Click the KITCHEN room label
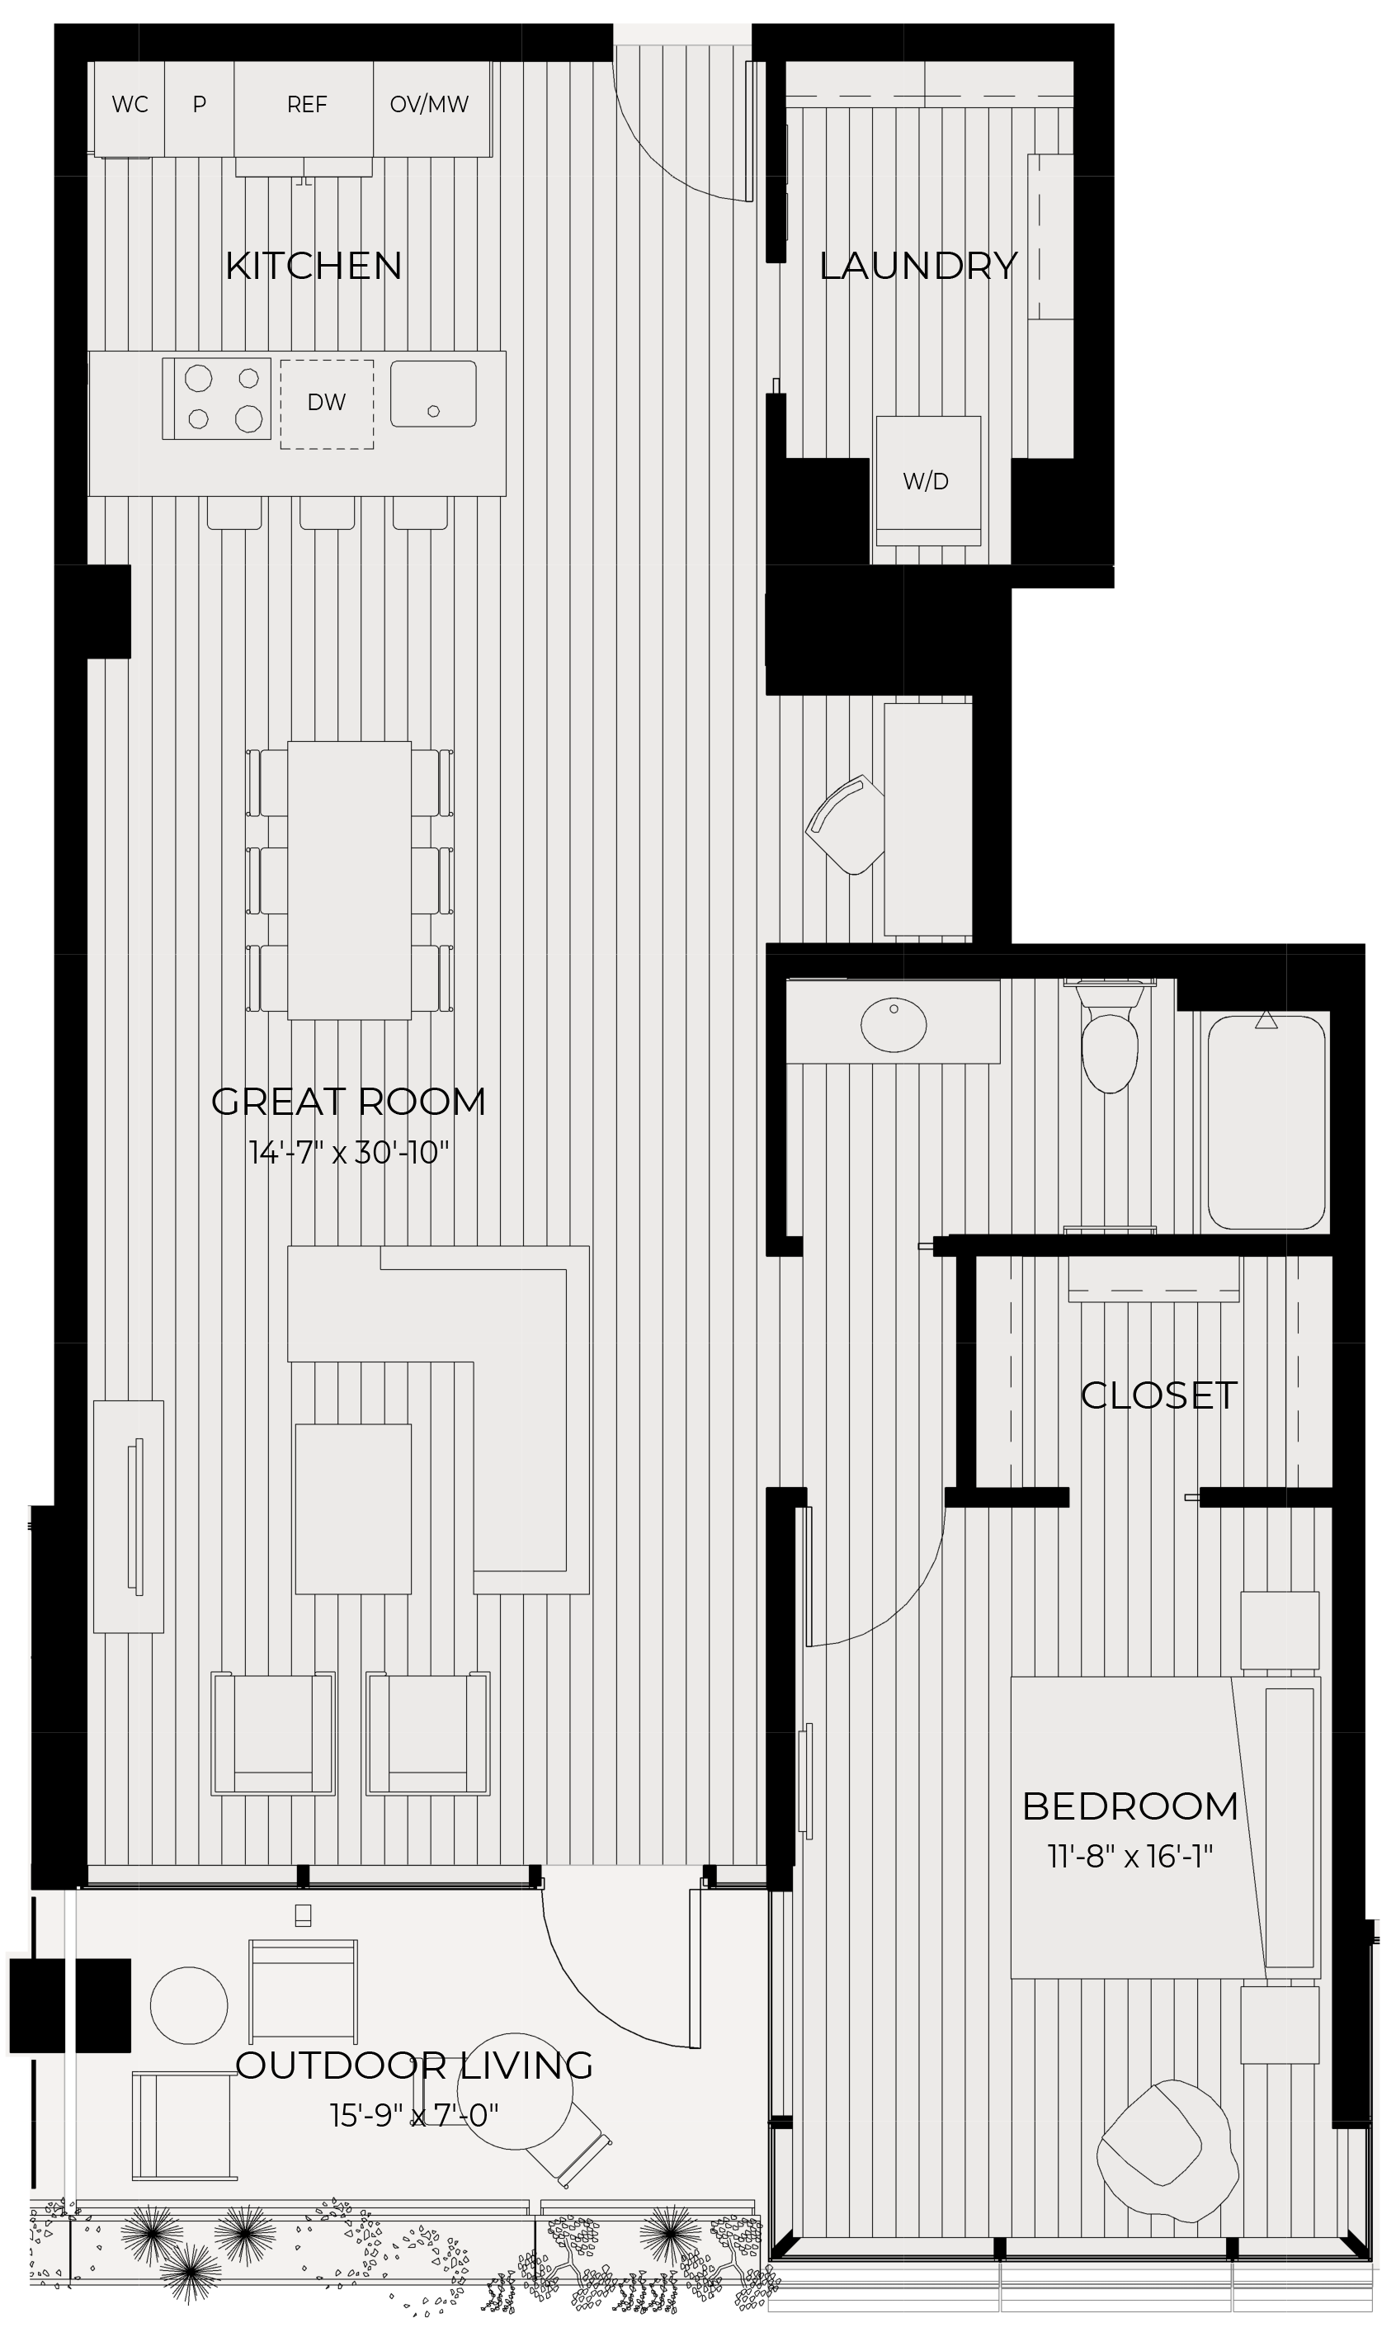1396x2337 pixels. pyautogui.click(x=314, y=267)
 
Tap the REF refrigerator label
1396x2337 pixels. pyautogui.click(x=307, y=105)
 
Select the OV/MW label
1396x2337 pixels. pyautogui.click(x=429, y=105)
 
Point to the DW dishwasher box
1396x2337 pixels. pyautogui.click(x=327, y=404)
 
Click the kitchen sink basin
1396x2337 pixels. pyautogui.click(x=432, y=394)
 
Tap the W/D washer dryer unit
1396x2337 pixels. pyautogui.click(x=927, y=481)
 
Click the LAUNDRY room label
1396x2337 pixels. pyautogui.click(x=918, y=267)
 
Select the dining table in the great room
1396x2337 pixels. pyautogui.click(x=349, y=880)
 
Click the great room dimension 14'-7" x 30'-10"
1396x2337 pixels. pyautogui.click(x=349, y=1153)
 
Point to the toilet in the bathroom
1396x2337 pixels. pyautogui.click(x=1109, y=1045)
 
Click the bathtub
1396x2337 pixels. pyautogui.click(x=1266, y=1121)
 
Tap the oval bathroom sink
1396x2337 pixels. pyautogui.click(x=894, y=1025)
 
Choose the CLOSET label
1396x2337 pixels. pyautogui.click(x=1158, y=1395)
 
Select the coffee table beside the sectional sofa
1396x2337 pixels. pyautogui.click(x=353, y=1509)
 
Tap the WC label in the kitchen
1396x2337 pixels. pyautogui.click(x=130, y=105)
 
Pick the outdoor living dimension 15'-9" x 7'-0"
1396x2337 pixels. pyautogui.click(x=414, y=2115)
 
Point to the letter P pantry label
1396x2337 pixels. pyautogui.click(x=200, y=105)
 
